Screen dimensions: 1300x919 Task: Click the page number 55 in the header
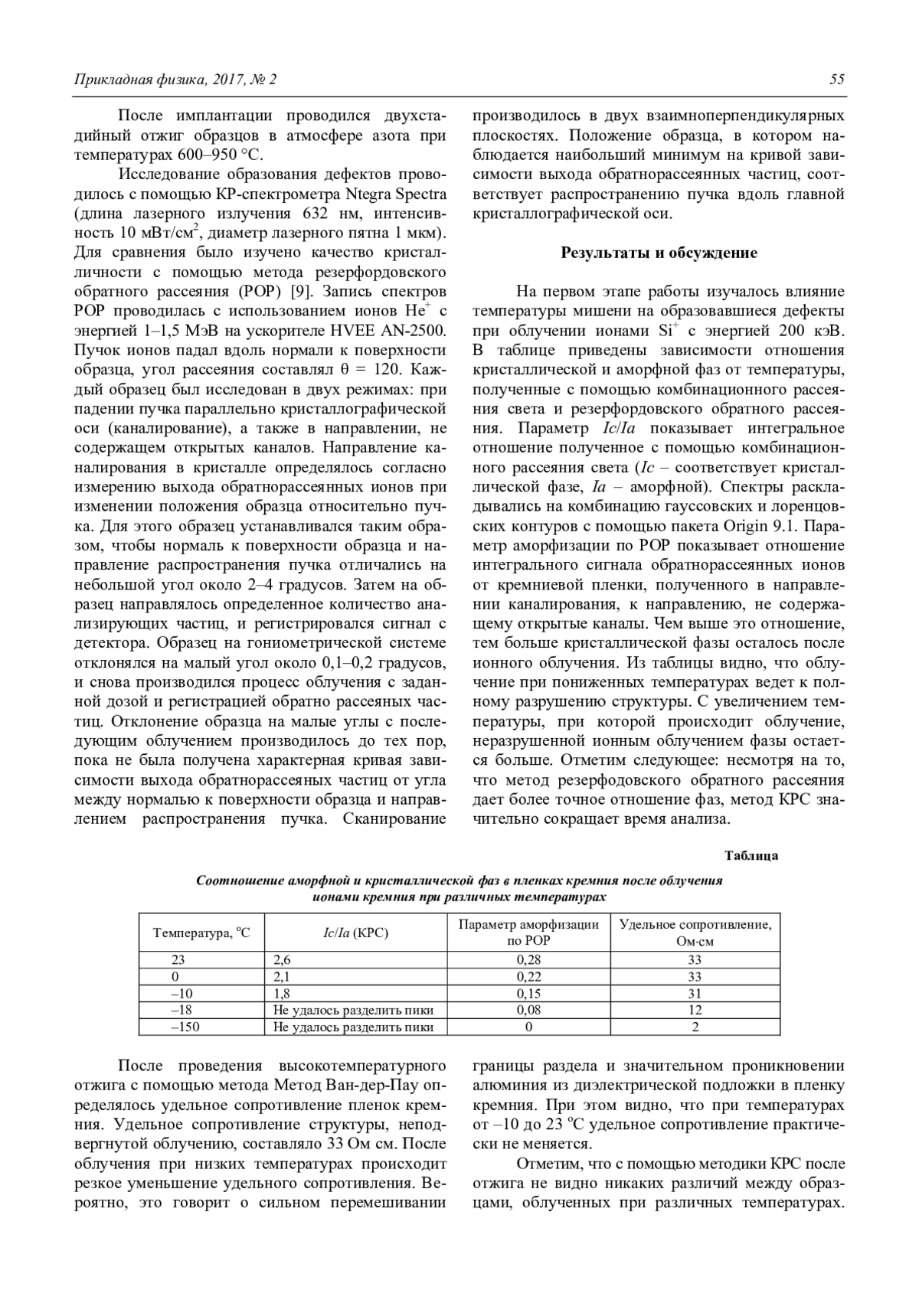coord(836,80)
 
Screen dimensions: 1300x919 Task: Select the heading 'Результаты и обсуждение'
coord(659,253)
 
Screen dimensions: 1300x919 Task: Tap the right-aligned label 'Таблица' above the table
coord(751,855)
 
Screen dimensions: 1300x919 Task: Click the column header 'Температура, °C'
coord(201,933)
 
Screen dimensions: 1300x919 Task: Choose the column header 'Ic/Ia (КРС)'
coord(356,933)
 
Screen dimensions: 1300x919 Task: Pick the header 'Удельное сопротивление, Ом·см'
coord(695,933)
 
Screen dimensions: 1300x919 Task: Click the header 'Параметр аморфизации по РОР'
coord(528,933)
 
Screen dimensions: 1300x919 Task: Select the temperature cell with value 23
coord(178,960)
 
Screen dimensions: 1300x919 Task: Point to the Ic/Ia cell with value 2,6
coord(283,960)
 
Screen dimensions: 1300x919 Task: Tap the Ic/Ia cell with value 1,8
coord(283,994)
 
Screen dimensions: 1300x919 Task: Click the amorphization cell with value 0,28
coord(528,960)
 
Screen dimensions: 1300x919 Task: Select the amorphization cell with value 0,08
coord(528,1011)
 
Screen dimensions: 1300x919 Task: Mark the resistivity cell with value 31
coord(695,994)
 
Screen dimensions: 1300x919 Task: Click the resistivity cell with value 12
coord(695,1011)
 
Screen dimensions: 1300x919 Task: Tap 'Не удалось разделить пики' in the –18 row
coord(354,1011)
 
